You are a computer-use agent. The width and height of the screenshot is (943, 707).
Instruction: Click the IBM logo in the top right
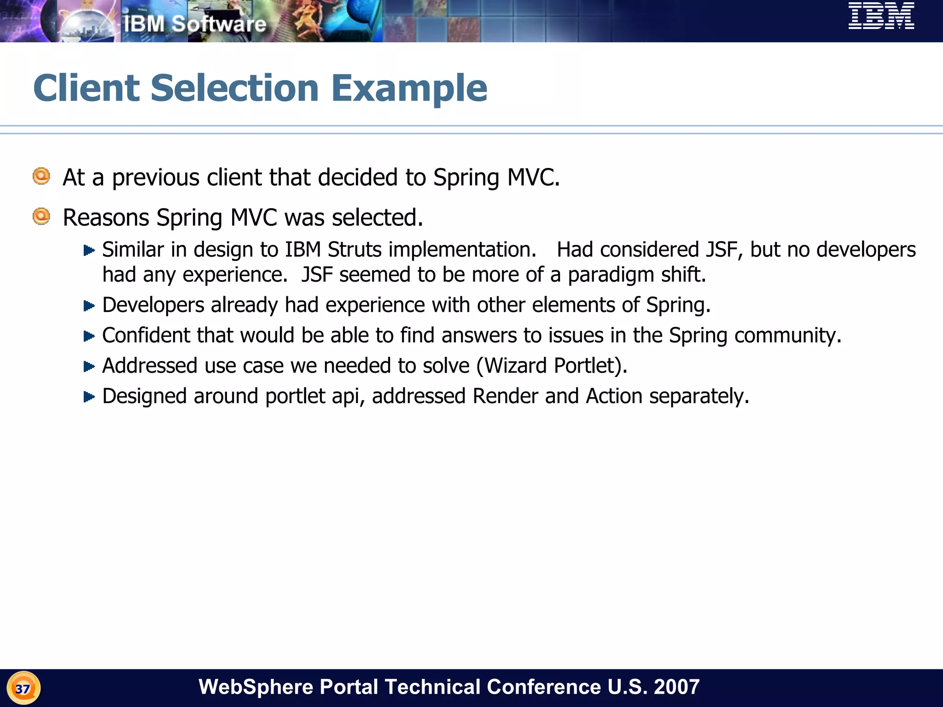click(881, 16)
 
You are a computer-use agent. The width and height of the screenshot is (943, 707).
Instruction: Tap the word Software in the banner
click(219, 24)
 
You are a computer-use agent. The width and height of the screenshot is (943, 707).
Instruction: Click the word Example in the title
click(409, 88)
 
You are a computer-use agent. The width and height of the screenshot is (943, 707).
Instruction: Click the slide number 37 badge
click(23, 689)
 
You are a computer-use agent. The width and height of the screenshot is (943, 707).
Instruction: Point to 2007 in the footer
click(676, 687)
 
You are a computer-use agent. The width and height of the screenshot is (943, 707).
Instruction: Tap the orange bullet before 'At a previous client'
click(41, 176)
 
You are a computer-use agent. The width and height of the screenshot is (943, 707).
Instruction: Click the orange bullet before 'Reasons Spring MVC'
click(41, 216)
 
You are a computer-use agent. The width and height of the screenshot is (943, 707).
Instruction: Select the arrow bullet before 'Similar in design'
click(89, 250)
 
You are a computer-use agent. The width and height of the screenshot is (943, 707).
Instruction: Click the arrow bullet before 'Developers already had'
click(89, 306)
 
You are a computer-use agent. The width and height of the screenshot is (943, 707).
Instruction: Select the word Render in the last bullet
click(505, 396)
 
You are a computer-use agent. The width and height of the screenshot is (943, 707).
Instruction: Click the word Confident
click(146, 336)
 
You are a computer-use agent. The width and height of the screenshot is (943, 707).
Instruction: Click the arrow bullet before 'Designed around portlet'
click(89, 397)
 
